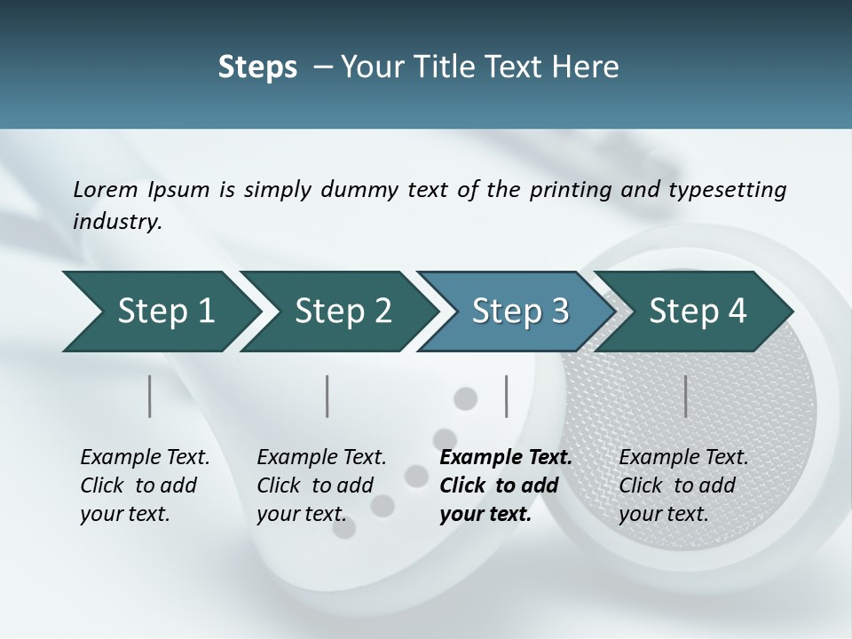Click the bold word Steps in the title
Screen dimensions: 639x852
point(257,67)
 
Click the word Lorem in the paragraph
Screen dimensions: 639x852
point(105,190)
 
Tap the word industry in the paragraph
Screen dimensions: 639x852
point(117,222)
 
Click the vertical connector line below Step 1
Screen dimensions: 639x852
point(150,396)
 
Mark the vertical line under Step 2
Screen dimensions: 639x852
point(327,396)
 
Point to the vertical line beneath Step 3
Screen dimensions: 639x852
point(507,396)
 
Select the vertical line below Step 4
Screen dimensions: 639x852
point(685,396)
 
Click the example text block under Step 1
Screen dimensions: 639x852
point(144,485)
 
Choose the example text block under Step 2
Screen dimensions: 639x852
point(320,485)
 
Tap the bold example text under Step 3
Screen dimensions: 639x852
point(505,485)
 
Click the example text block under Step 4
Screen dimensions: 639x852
point(682,485)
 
